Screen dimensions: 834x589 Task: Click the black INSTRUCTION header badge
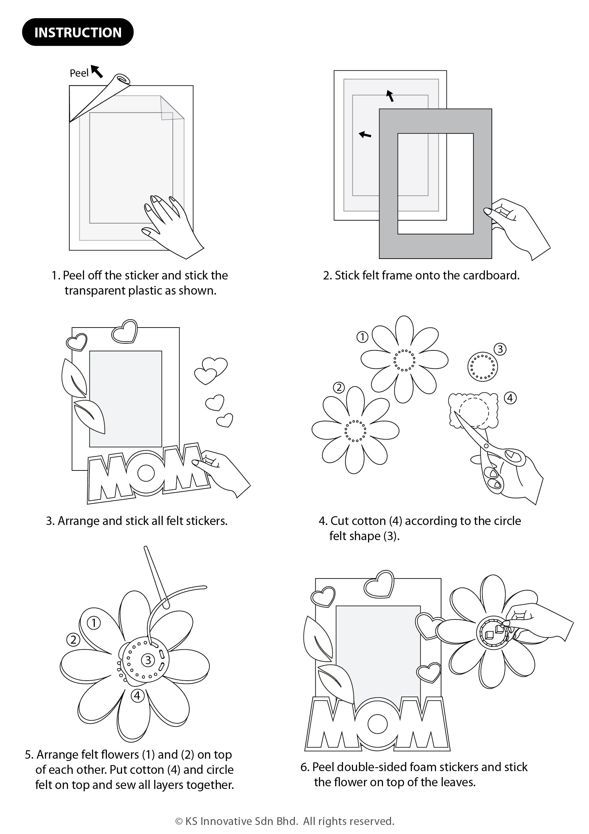click(78, 32)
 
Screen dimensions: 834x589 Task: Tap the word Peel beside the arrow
click(79, 73)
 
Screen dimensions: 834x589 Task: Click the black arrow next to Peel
click(97, 71)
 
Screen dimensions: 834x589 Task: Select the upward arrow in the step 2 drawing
click(390, 96)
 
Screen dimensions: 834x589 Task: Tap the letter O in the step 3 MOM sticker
click(146, 472)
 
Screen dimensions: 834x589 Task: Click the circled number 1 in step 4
click(362, 337)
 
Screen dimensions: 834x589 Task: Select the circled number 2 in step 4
click(339, 388)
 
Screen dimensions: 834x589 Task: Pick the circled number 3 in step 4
click(500, 349)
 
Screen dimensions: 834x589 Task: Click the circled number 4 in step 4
click(510, 398)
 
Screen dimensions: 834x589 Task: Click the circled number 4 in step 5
click(137, 695)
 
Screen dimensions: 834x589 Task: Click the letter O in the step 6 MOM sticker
click(378, 724)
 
